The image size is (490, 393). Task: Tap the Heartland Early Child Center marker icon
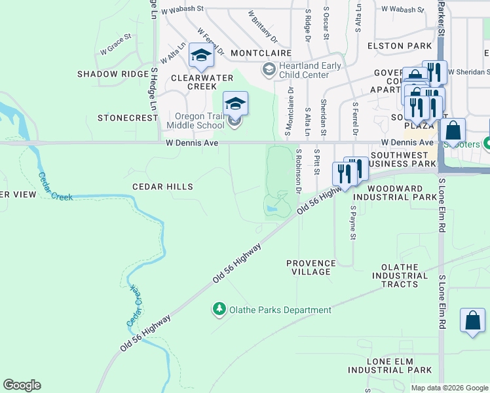269,69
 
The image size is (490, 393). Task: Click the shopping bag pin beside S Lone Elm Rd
472,322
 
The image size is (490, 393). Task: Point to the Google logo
22,385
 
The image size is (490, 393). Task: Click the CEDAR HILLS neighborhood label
162,187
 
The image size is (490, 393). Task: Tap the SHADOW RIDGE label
113,74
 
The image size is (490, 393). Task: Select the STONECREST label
128,118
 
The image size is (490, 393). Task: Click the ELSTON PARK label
400,46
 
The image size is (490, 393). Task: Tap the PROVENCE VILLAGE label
311,267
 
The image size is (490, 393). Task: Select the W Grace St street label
115,49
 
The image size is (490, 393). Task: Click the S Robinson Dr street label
299,172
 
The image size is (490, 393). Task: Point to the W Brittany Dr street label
263,26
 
